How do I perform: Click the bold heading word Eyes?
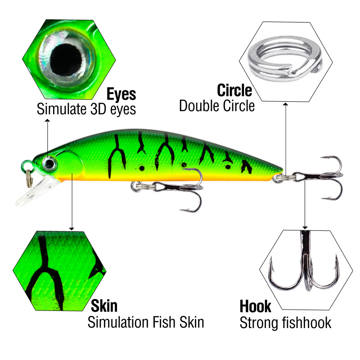click(121, 94)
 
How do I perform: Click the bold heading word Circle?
click(234, 90)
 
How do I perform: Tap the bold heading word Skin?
click(104, 306)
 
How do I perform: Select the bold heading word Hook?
click(255, 306)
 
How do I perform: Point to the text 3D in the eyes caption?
click(98, 109)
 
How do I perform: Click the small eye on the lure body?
click(49, 163)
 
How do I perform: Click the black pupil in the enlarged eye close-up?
click(66, 60)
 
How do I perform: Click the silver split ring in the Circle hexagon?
click(285, 58)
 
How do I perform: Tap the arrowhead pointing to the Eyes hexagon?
click(47, 120)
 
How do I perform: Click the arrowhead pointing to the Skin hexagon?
click(72, 229)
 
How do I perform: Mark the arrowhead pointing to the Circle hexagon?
click(285, 104)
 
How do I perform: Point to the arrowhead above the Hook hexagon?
click(305, 228)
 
